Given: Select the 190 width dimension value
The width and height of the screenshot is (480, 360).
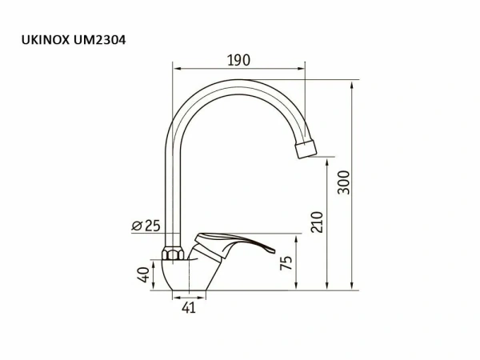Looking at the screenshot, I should click(238, 60).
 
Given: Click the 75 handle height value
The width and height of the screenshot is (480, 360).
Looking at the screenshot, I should click(286, 262).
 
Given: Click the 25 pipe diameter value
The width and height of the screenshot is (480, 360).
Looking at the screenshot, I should click(152, 226).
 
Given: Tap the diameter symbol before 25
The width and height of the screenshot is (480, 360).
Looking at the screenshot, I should click(136, 226).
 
